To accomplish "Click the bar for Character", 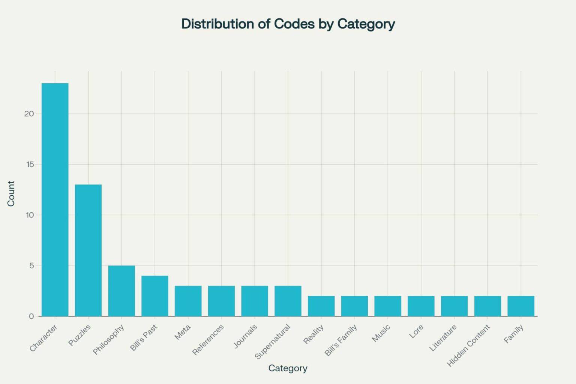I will pos(55,199).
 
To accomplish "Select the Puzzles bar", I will pos(88,250).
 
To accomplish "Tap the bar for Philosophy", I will pos(121,291).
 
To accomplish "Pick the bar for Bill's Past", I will pos(154,296).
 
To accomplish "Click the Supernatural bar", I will pos(288,301).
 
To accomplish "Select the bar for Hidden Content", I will pos(487,306).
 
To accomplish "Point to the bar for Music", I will pos(388,306).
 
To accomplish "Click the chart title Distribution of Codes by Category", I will pos(288,24).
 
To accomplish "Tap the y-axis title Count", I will pos(11,193).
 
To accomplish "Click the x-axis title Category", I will pos(288,368).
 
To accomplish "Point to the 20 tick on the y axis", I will pos(29,114).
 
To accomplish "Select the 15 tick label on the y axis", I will pos(29,164).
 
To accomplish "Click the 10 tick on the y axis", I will pos(29,215).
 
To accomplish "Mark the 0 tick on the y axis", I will pos(31,316).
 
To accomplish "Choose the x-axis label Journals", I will pos(246,336).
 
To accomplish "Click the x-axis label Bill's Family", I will pos(341,340).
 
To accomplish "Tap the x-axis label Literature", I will pos(443,338).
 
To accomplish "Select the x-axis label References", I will pos(208,339).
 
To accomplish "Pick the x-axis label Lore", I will pos(416,331).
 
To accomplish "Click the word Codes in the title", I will pos(294,24).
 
